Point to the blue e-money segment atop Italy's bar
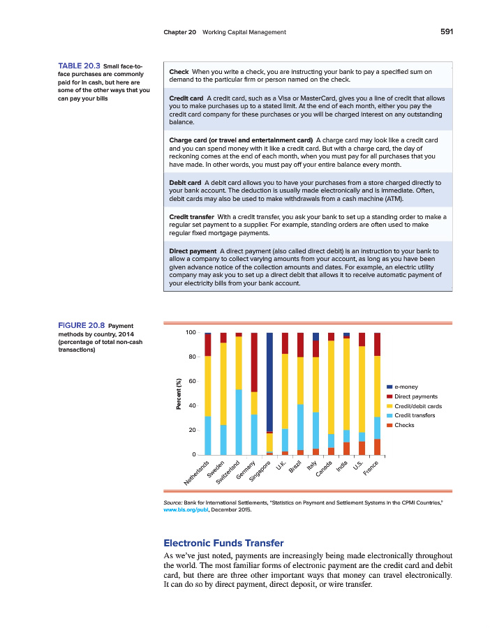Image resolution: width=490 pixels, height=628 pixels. coord(315,336)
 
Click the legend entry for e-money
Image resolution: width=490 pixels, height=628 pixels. coord(406,387)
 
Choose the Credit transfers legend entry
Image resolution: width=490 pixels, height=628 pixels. coord(414,415)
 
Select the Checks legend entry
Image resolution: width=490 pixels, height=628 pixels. coord(405,425)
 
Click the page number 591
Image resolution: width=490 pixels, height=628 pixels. coord(446,31)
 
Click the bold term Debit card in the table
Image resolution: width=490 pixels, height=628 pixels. coord(185,181)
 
